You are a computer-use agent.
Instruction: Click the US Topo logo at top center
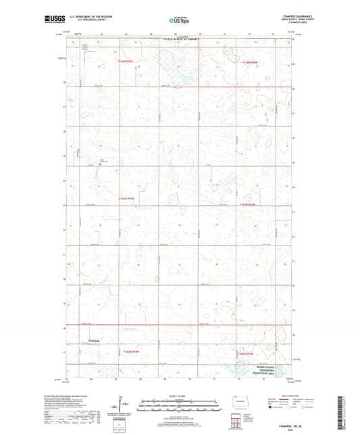coord(180,21)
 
